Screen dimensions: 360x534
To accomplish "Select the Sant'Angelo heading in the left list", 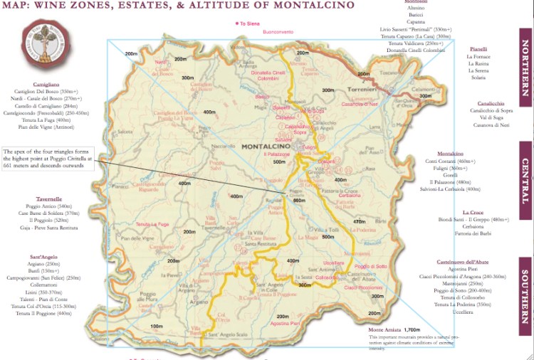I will [46, 255].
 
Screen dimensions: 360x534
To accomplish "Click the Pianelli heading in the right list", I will [478, 49].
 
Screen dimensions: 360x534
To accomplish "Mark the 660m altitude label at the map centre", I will [299, 201].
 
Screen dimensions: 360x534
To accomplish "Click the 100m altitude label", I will [157, 326].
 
